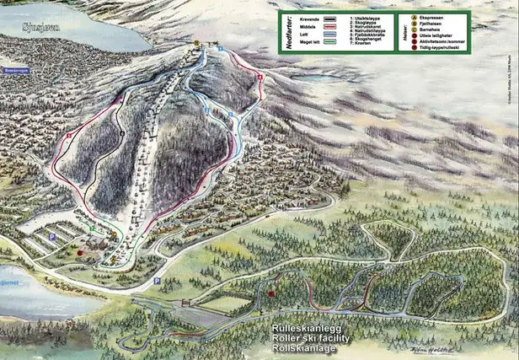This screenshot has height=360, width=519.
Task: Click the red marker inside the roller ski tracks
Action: (x=271, y=294)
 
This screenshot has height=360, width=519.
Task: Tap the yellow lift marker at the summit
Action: (x=196, y=41)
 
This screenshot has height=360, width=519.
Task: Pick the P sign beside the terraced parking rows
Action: (x=52, y=237)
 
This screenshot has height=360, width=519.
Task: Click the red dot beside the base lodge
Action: (x=81, y=251)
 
